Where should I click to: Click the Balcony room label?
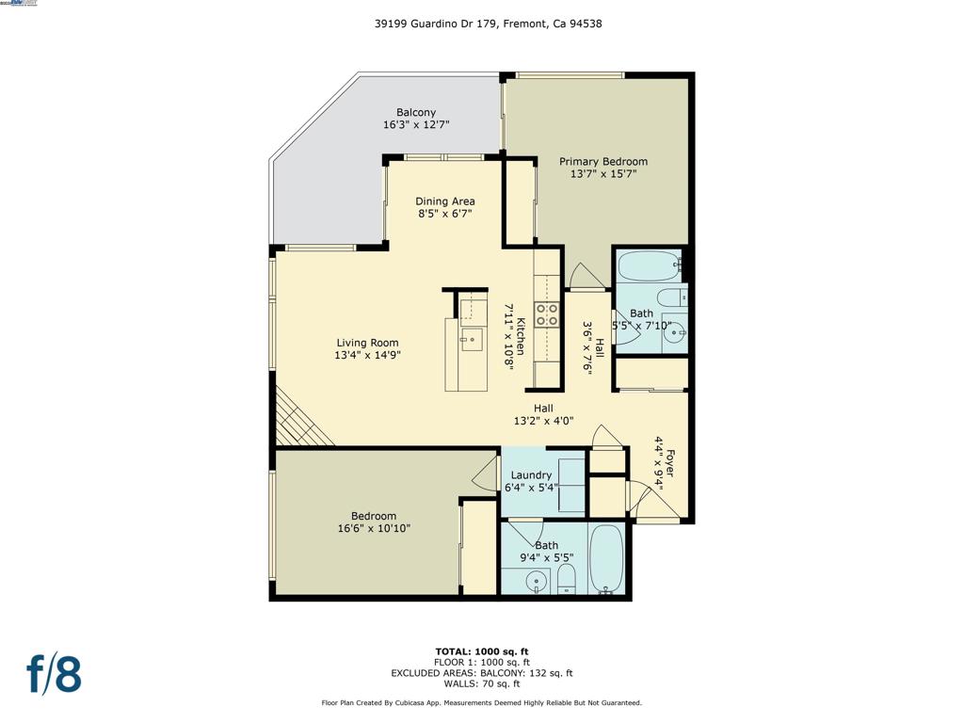pyautogui.click(x=415, y=112)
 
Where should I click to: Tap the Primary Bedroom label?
pyautogui.click(x=603, y=161)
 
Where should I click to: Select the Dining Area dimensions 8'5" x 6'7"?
pyautogui.click(x=445, y=214)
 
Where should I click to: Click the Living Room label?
pyautogui.click(x=366, y=343)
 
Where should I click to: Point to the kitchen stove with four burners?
pyautogui.click(x=547, y=314)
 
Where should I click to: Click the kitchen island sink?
pyautogui.click(x=471, y=339)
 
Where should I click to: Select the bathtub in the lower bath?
pyautogui.click(x=606, y=559)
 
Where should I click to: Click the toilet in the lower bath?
pyautogui.click(x=566, y=578)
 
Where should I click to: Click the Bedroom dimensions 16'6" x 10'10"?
pyautogui.click(x=374, y=529)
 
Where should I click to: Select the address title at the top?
pyautogui.click(x=488, y=24)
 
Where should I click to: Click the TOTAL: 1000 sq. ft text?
pyautogui.click(x=482, y=651)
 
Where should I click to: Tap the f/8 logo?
pyautogui.click(x=54, y=675)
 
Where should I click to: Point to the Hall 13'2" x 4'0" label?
pyautogui.click(x=543, y=414)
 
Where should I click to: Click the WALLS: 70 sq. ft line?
pyautogui.click(x=482, y=684)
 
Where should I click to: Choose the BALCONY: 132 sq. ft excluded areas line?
pyautogui.click(x=482, y=673)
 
